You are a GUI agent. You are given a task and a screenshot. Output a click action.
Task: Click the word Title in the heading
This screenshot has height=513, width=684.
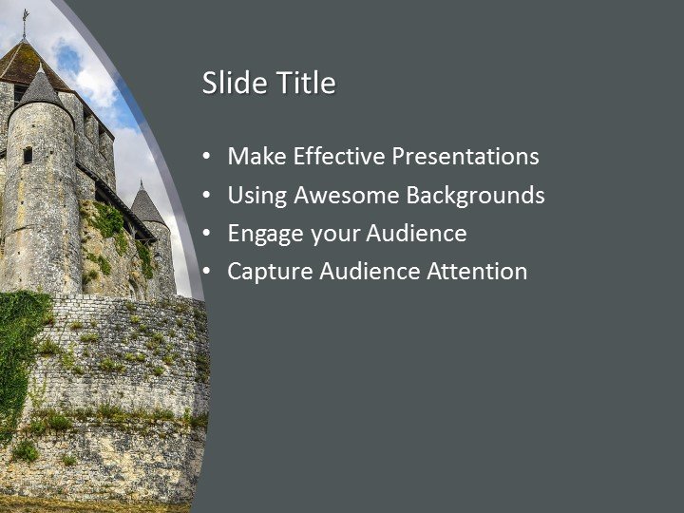[x=306, y=84]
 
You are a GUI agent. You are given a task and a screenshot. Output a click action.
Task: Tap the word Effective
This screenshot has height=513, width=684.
[x=337, y=157]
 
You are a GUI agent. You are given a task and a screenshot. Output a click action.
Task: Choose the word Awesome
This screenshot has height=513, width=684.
[x=346, y=196]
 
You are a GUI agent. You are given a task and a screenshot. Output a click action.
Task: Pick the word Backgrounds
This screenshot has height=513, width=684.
[x=476, y=196]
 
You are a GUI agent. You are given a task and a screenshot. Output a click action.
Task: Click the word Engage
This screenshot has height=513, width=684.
[x=261, y=234]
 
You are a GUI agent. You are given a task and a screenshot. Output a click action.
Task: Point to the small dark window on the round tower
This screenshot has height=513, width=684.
[x=28, y=154]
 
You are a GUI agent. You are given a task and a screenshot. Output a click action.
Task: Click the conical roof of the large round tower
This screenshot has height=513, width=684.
[x=40, y=88]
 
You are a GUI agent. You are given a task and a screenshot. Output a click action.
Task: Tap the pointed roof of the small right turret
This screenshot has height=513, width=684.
[x=145, y=204]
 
